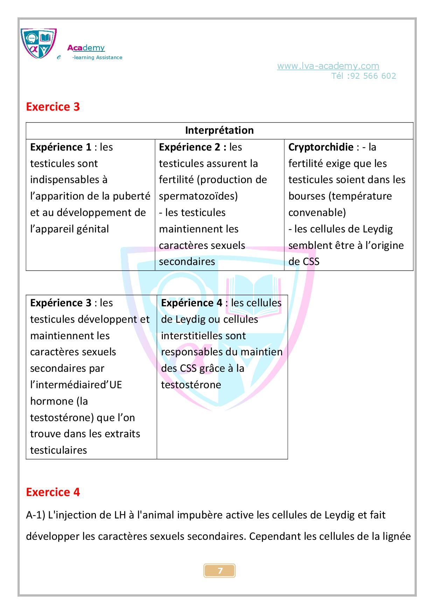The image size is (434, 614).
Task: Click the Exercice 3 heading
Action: (53, 107)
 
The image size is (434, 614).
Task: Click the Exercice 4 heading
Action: (53, 492)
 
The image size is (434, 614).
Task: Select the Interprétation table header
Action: (219, 130)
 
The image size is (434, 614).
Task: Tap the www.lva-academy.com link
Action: (328, 66)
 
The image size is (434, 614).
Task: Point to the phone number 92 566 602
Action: (373, 76)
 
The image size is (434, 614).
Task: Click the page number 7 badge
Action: (220, 571)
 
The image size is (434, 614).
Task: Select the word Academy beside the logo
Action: (86, 48)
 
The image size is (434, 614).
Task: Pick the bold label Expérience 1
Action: (61, 147)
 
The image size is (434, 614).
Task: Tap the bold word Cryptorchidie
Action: (321, 147)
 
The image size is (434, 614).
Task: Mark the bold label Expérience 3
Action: (61, 303)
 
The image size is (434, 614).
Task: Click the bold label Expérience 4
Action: (191, 303)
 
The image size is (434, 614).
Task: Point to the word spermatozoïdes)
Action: (198, 196)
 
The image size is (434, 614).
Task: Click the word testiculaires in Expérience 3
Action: (58, 450)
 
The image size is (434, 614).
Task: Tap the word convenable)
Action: (317, 212)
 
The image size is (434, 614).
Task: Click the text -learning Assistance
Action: (97, 58)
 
